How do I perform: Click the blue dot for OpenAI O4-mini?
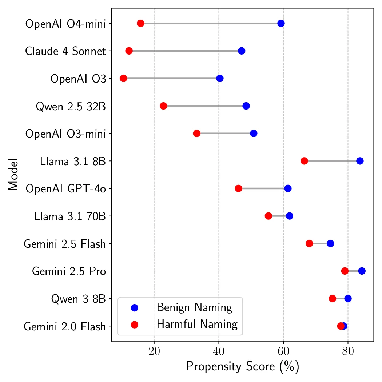pos(281,24)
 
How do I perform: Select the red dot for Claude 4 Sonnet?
pos(129,51)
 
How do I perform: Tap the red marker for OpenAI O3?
pos(123,79)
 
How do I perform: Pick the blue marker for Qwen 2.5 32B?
pos(246,106)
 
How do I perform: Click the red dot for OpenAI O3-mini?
pos(196,134)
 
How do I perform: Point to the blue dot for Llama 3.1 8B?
pos(360,161)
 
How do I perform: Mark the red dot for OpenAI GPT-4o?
pos(239,188)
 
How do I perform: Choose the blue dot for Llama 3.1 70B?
pos(290,216)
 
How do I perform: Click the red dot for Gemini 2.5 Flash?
pos(309,243)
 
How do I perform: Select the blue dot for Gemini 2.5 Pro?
pos(362,271)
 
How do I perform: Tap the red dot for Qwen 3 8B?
pos(332,299)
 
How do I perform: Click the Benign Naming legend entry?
pos(194,308)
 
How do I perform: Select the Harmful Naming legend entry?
pos(197,324)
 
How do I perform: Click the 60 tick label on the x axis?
pos(283,352)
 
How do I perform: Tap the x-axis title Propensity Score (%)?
pos(242,367)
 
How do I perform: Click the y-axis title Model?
pos(13,175)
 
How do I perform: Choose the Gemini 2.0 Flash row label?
pos(65,326)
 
